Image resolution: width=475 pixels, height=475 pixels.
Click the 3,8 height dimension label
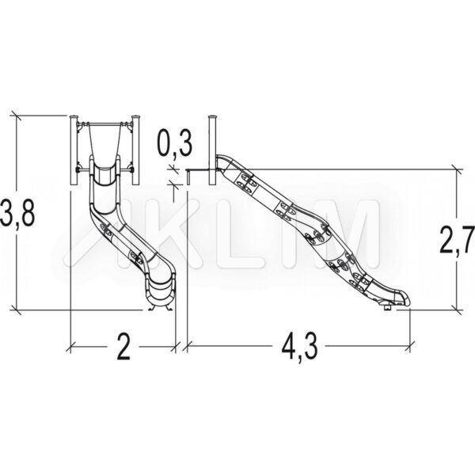(x=17, y=213)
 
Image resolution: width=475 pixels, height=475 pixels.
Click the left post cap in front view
(x=74, y=116)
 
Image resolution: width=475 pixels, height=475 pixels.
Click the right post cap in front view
(x=136, y=116)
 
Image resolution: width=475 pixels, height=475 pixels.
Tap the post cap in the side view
(x=213, y=116)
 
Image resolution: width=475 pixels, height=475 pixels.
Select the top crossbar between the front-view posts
(x=105, y=123)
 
